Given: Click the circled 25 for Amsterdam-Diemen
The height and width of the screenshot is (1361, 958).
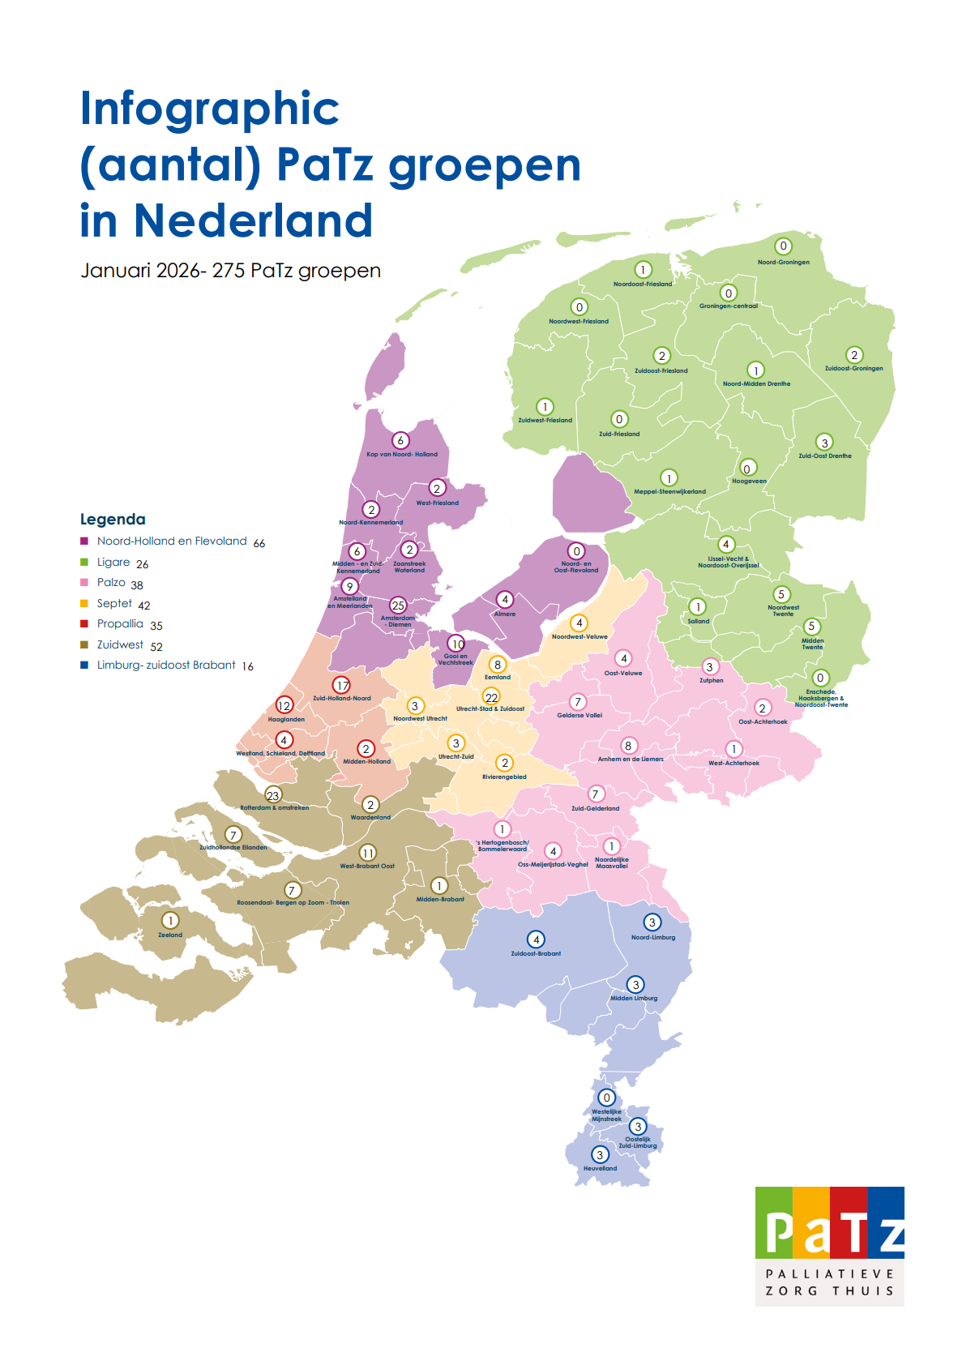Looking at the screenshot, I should click(x=398, y=606).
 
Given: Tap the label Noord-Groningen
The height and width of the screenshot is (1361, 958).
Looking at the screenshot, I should click(x=783, y=262).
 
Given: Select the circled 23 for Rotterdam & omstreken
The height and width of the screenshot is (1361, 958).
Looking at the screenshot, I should click(x=273, y=795).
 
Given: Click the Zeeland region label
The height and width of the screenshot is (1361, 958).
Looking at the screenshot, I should click(x=170, y=935).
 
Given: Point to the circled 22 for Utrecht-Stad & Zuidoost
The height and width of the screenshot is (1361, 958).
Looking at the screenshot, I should click(x=491, y=697).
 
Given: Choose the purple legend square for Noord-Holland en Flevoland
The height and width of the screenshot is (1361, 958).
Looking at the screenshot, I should click(x=84, y=541).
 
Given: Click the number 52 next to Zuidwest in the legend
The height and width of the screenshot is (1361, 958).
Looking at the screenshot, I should click(x=156, y=647).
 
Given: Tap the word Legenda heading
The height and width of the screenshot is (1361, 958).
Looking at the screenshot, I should click(x=113, y=520).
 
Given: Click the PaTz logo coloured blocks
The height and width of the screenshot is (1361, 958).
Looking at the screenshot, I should click(x=829, y=1222).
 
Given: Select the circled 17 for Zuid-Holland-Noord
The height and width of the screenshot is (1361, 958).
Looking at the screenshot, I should click(x=342, y=685).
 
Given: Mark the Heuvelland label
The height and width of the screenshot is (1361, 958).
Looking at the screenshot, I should click(x=600, y=1168).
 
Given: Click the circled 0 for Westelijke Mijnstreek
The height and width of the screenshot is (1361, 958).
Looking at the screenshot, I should click(x=606, y=1098).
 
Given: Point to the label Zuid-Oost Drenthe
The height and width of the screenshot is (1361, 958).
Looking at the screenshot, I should click(x=824, y=456).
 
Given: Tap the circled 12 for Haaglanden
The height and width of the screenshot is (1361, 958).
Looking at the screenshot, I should click(x=284, y=705).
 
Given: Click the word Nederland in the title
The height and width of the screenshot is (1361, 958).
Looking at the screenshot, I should click(x=253, y=220).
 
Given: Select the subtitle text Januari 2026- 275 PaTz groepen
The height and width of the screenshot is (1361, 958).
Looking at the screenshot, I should click(x=230, y=271).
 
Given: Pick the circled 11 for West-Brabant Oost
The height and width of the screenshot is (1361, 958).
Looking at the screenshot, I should click(x=368, y=853).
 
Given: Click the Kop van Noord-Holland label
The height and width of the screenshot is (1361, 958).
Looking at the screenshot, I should click(x=401, y=454).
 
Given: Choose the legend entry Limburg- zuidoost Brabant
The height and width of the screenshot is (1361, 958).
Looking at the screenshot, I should click(x=166, y=665).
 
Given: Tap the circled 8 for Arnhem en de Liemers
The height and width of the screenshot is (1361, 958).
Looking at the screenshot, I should click(x=628, y=746).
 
